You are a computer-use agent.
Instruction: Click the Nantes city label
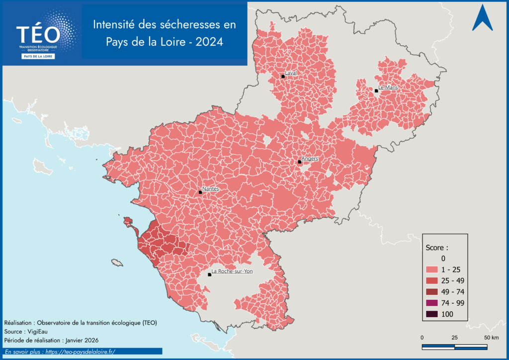point(211,189)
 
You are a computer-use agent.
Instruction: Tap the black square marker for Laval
point(283,76)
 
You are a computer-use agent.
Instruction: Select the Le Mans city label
point(388,88)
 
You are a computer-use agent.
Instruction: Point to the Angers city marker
point(300,162)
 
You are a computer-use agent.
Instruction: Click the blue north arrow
point(482,19)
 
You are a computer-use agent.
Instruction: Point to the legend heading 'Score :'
point(437,247)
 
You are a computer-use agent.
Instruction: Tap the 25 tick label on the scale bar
point(454,338)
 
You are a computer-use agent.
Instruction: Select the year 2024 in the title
point(209,42)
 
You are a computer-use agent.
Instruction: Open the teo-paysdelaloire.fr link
point(79,352)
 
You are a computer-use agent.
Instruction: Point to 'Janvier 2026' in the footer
point(81,340)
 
